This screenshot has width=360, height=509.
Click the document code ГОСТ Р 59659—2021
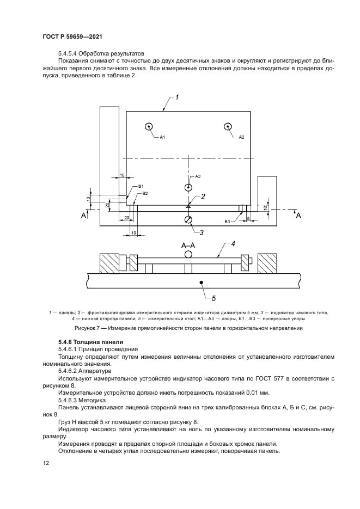pyautogui.click(x=72, y=36)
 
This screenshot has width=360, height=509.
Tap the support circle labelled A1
pyautogui.click(x=149, y=127)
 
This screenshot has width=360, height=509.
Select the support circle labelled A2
pyautogui.click(x=227, y=127)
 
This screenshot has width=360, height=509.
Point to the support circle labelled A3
pyautogui.click(x=188, y=187)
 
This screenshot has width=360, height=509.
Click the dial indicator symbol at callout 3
pyautogui.click(x=188, y=220)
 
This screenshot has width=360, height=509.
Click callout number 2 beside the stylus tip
pyautogui.click(x=203, y=197)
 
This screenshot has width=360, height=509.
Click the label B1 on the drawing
pyautogui.click(x=141, y=187)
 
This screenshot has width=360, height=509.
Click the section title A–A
pyautogui.click(x=188, y=246)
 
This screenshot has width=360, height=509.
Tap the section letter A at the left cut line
pyautogui.click(x=84, y=216)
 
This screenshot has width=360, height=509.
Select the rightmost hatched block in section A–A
pyautogui.click(x=269, y=263)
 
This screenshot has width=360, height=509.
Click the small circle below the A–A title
pyautogui.click(x=188, y=254)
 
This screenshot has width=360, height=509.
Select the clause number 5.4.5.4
pyautogui.click(x=69, y=54)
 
